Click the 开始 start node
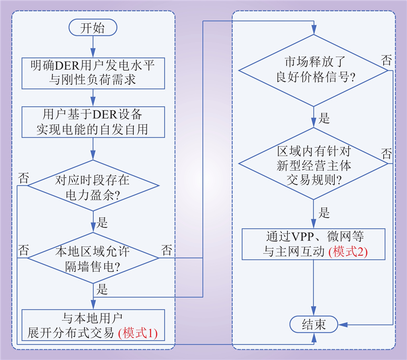[93, 29]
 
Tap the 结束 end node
[314, 324]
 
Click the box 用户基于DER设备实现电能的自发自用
[93, 121]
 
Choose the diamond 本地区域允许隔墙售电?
[93, 258]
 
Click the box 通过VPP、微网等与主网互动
[314, 244]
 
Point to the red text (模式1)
[138, 333]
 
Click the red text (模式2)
[348, 251]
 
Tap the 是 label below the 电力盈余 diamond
[102, 222]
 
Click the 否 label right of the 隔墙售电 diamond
[167, 250]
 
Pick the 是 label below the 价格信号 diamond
[324, 119]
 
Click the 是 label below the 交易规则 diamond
[324, 213]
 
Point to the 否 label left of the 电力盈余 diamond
[23, 178]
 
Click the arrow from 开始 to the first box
[93, 47]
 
